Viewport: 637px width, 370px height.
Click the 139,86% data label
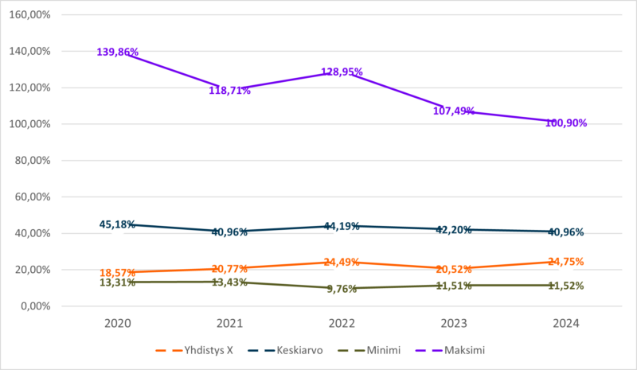coord(118,53)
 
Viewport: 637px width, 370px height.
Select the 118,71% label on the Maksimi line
coord(230,91)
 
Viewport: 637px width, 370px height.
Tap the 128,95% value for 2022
coord(342,72)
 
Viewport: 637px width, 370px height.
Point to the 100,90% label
coord(566,123)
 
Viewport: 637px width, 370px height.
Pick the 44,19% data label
coord(342,225)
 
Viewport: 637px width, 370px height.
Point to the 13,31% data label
coord(118,282)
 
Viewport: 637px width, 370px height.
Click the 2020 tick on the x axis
coord(118,324)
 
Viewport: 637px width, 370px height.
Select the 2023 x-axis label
coord(454,324)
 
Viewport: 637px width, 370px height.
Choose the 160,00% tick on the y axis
coord(29,14)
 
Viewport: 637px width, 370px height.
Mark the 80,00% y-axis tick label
coord(31,160)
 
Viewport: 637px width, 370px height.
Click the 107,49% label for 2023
coord(454,111)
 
